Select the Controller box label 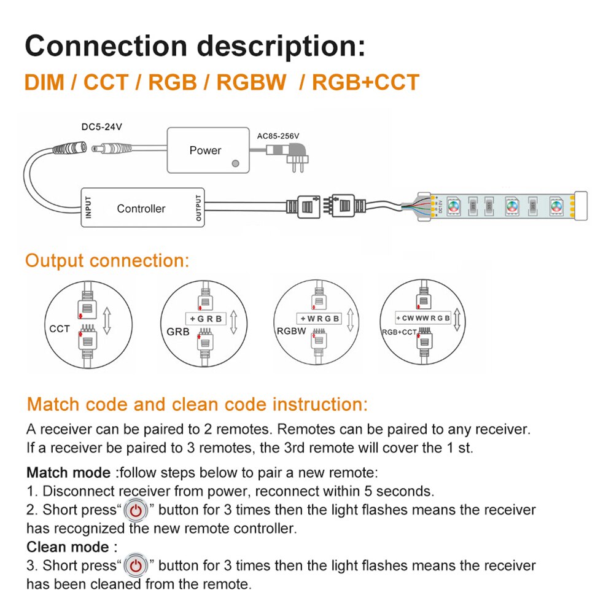(141, 209)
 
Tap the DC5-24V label (102, 127)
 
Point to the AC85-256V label (282, 136)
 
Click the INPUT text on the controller (88, 208)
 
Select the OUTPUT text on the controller (198, 208)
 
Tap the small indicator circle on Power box (235, 164)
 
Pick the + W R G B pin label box (319, 319)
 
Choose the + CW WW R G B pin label (423, 318)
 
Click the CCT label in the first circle (60, 329)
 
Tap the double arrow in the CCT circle (107, 321)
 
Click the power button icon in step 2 (136, 510)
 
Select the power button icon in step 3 (136, 565)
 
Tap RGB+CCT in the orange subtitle (366, 82)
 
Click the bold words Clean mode (68, 546)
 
